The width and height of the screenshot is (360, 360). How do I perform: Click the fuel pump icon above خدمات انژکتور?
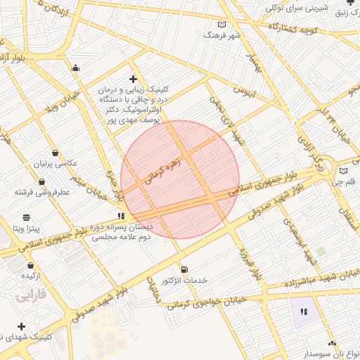(x=184, y=269)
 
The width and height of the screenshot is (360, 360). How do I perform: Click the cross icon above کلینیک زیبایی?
(x=133, y=79)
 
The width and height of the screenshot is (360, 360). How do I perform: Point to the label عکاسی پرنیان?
(x=53, y=163)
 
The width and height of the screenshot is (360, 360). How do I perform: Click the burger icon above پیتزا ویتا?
(x=27, y=217)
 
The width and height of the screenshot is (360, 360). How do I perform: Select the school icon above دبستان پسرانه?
(x=121, y=216)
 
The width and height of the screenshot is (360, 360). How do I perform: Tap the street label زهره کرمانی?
(x=163, y=172)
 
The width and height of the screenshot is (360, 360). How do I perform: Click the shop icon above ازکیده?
(x=30, y=265)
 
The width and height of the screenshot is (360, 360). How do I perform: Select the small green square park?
(x=321, y=251)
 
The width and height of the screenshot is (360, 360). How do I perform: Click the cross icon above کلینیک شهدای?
(x=21, y=326)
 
